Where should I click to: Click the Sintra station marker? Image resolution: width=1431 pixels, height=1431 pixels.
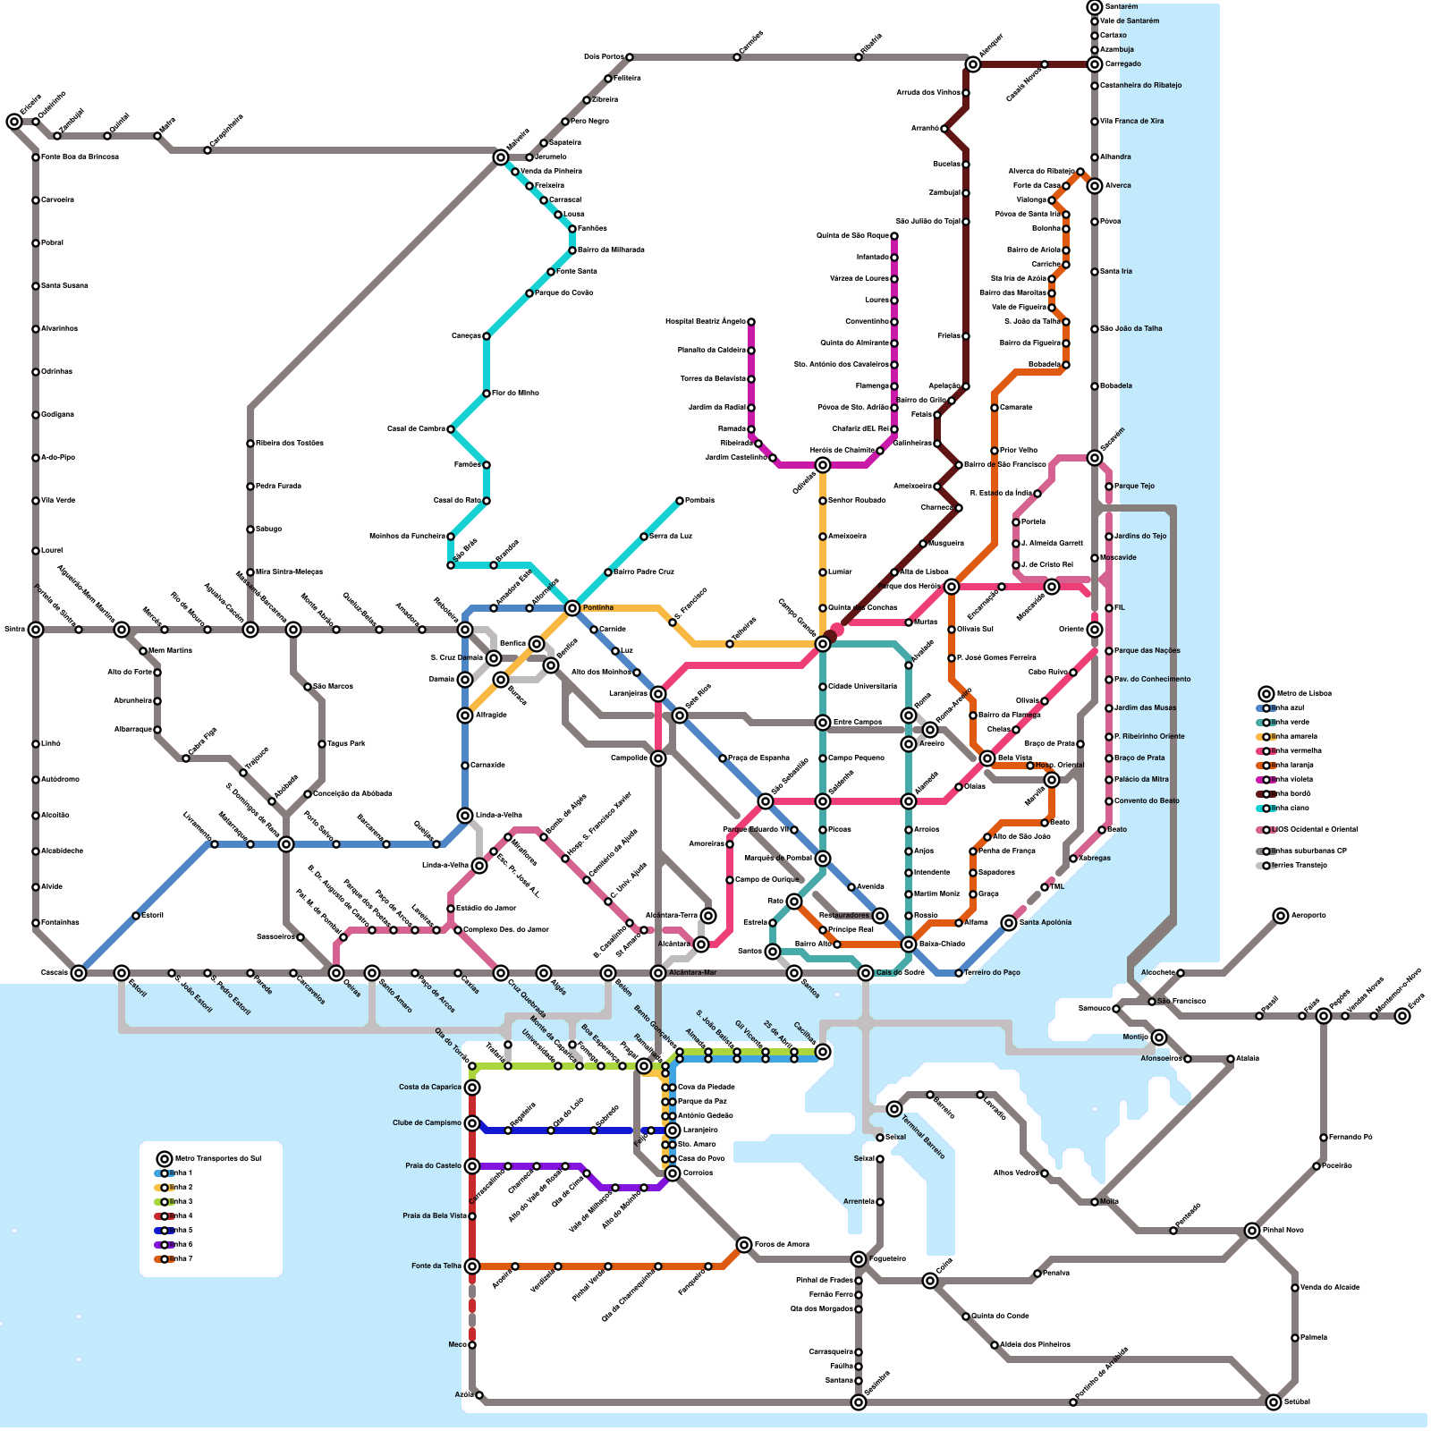36,630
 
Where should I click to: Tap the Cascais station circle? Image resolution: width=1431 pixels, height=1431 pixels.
79,973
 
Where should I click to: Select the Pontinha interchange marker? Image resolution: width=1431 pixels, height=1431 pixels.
572,608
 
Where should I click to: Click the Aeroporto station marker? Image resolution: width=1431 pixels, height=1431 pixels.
1281,916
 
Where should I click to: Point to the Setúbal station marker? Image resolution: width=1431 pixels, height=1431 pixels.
1274,1402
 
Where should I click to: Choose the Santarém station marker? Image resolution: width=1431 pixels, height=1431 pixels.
1095,7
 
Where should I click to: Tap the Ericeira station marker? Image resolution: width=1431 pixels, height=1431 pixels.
14,122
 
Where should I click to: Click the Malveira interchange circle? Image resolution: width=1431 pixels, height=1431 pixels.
501,157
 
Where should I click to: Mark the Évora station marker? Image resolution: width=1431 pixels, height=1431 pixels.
1402,1016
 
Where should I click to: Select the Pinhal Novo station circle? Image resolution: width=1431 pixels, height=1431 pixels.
1252,1231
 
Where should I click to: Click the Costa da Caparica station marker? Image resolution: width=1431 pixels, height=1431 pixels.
472,1088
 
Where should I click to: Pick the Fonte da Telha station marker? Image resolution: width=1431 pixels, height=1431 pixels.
472,1266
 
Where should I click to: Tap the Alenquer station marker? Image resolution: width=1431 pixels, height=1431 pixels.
973,64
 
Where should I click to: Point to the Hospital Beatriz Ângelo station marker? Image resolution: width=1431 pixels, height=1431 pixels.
751,322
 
